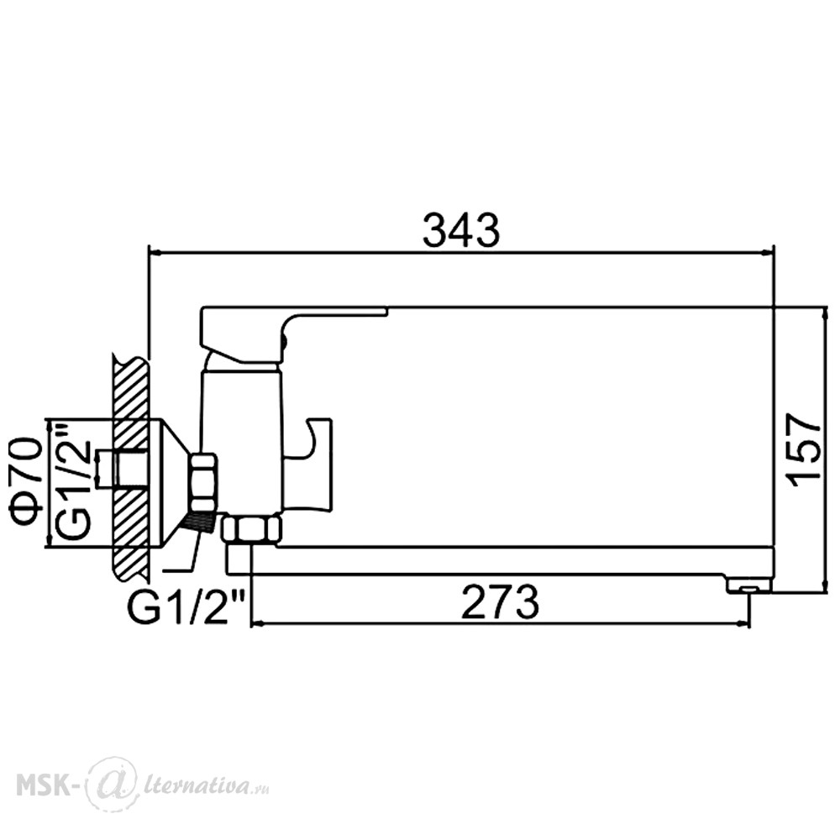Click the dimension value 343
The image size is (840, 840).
pyautogui.click(x=460, y=230)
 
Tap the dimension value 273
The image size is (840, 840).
pyautogui.click(x=500, y=601)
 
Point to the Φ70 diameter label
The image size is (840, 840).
pyautogui.click(x=25, y=483)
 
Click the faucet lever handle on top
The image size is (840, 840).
pyautogui.click(x=293, y=335)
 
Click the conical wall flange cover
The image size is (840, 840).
pyautogui.click(x=172, y=483)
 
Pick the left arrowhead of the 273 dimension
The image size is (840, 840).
pyautogui.click(x=258, y=623)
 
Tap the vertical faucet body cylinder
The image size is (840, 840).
pyautogui.click(x=240, y=439)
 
